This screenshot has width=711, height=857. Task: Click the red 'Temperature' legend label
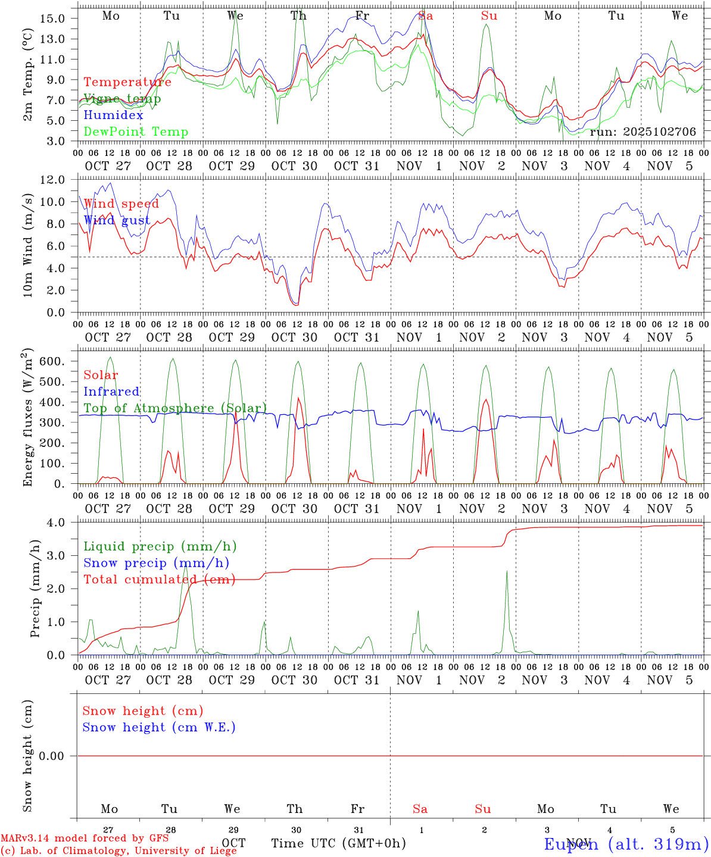[x=127, y=82]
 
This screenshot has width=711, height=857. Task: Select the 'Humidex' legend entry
[x=113, y=115]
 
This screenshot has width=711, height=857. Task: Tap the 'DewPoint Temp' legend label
[x=136, y=132]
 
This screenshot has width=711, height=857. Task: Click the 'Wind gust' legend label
[x=117, y=221]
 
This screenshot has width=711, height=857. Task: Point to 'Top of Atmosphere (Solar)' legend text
[x=175, y=408]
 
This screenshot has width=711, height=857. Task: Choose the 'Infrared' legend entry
[x=111, y=392]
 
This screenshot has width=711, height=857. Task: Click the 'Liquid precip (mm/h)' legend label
[x=160, y=546]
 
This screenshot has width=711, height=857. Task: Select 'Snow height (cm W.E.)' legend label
[x=159, y=727]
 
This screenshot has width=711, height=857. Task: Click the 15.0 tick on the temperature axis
[x=53, y=18]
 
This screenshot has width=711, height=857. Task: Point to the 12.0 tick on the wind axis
[x=52, y=180]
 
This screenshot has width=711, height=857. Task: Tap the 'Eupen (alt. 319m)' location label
[x=626, y=844]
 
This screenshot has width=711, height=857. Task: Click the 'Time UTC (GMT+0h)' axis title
[x=338, y=843]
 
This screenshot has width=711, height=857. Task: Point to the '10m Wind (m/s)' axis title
[x=27, y=245]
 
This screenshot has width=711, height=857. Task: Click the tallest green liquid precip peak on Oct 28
[x=185, y=567]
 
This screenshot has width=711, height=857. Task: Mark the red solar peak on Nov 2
[x=486, y=399]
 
